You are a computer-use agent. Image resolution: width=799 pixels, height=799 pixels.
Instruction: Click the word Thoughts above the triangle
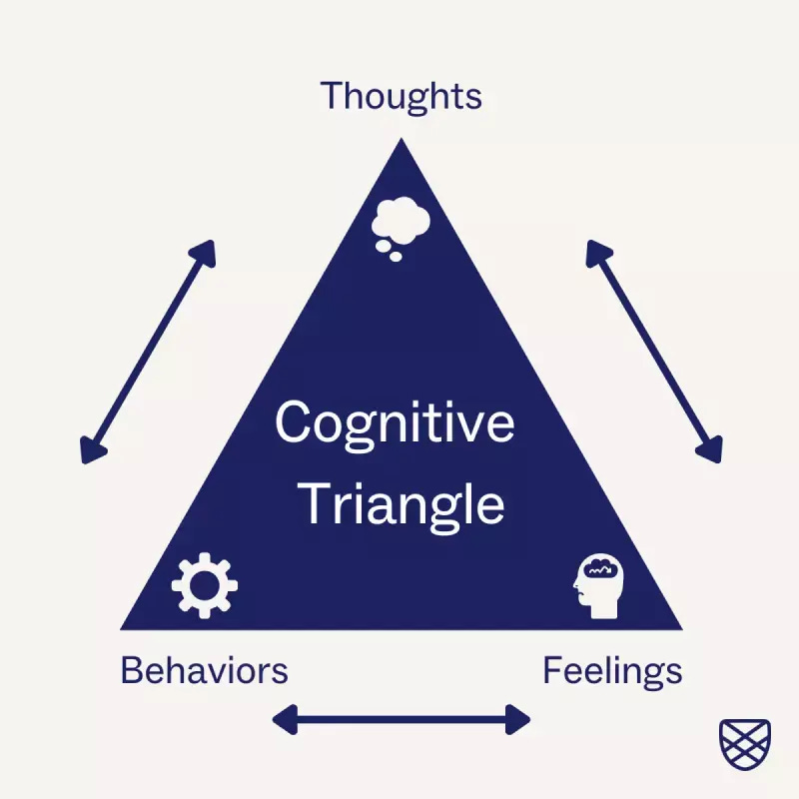(400, 97)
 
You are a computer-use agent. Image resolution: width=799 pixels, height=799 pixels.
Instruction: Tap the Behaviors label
(204, 669)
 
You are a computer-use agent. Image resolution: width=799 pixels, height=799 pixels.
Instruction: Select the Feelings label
(612, 669)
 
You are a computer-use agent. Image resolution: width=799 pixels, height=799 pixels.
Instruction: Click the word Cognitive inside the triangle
(395, 423)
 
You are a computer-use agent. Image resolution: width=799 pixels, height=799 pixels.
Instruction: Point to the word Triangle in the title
(402, 503)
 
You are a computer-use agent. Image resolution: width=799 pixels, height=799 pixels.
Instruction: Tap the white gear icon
(205, 584)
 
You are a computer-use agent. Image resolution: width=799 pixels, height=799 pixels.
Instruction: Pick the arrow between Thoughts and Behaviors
(148, 352)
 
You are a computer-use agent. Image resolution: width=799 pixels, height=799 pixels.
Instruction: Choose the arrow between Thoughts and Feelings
(653, 352)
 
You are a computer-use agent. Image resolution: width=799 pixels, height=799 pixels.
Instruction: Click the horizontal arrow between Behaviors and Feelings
(401, 718)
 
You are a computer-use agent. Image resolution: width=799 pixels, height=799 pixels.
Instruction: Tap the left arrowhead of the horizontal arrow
(284, 718)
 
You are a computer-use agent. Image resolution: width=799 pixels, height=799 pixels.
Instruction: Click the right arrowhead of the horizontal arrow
(519, 718)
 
